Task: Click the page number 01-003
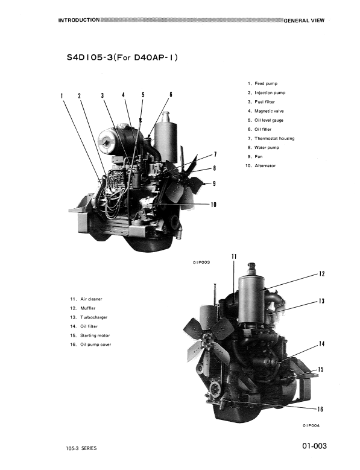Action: coord(314,446)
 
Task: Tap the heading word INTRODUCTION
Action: coord(79,20)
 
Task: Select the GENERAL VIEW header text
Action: coord(304,21)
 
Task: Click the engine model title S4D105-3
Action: coord(90,57)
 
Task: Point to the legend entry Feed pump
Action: coord(266,84)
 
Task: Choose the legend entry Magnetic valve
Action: coord(269,111)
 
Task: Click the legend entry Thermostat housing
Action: coord(274,139)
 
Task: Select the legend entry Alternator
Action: coord(265,166)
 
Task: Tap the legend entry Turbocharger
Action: coord(93,317)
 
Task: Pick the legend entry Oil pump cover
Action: coord(95,345)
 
